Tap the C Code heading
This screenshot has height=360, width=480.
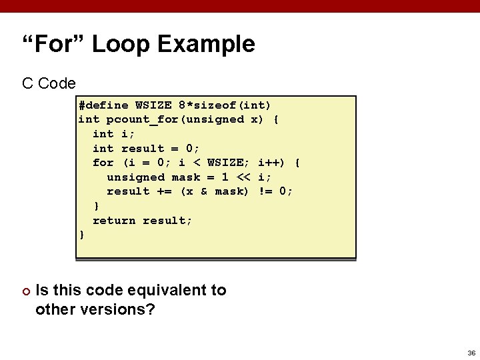49,83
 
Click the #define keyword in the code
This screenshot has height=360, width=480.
103,105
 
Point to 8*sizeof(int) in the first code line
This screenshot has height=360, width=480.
225,105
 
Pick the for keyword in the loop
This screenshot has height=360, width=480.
103,163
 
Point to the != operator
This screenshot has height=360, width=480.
265,191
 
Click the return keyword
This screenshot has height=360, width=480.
114,221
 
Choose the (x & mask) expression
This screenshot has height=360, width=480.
215,191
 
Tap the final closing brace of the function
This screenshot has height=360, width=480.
82,235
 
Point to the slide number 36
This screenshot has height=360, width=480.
471,353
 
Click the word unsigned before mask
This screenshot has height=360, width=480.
135,177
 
